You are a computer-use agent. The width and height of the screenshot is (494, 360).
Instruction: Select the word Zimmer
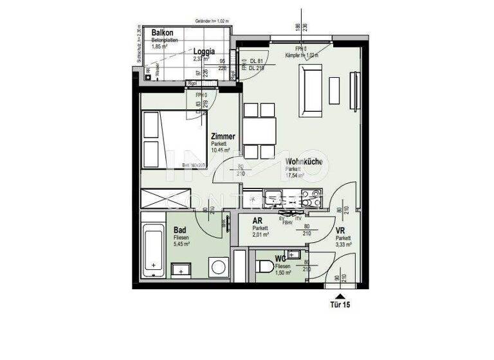223,136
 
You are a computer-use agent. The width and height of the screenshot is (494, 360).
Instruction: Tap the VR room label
341,230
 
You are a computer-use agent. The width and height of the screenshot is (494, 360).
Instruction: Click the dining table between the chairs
260,133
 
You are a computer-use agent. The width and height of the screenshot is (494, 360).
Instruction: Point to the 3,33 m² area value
343,245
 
